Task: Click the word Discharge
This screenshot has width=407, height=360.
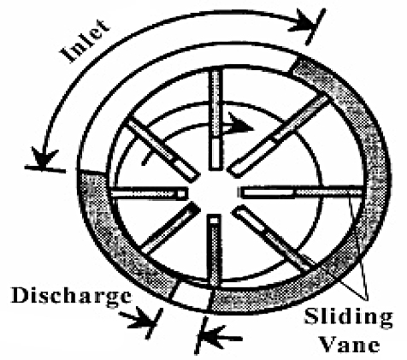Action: [x=72, y=296]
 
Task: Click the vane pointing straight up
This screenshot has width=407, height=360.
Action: [x=215, y=120]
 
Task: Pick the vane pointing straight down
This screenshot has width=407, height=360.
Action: [x=215, y=251]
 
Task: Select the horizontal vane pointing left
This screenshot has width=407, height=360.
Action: [x=149, y=193]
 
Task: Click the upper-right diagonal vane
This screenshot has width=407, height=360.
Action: [x=279, y=136]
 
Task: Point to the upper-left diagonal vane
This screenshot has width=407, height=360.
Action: [x=162, y=150]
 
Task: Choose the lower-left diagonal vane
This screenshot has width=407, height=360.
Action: [x=171, y=228]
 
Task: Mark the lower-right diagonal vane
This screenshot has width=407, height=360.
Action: [x=273, y=239]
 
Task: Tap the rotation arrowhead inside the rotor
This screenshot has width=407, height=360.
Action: [x=240, y=123]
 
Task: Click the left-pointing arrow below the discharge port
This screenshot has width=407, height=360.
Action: [x=220, y=336]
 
